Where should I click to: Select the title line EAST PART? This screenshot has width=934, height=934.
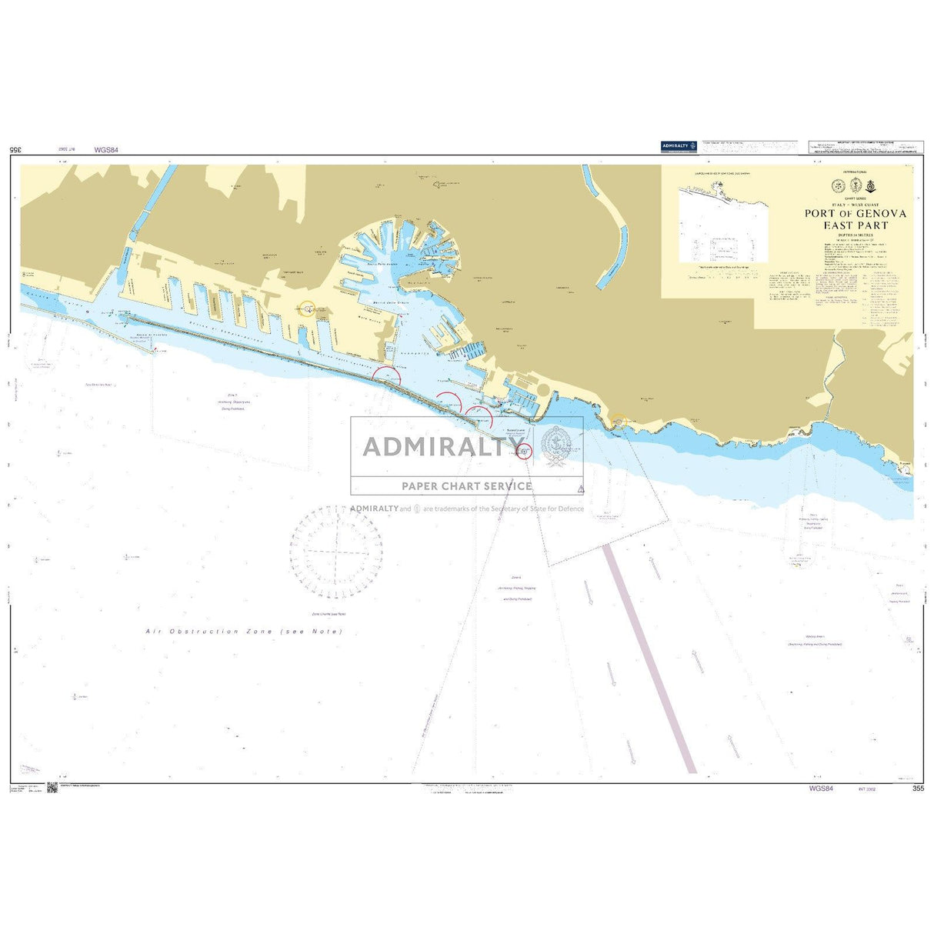click(856, 225)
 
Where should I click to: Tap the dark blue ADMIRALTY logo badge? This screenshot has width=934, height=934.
click(679, 146)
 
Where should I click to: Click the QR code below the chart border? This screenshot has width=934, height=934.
click(52, 788)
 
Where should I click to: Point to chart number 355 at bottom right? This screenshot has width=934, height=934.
click(918, 789)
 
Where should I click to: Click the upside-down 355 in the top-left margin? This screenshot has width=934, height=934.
click(15, 150)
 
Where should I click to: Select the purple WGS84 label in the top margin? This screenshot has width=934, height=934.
click(105, 150)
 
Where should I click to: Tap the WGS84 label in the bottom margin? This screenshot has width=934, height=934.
click(820, 789)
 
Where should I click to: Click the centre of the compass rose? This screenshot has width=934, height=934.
click(336, 551)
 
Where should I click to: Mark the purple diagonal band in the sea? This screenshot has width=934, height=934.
click(650, 659)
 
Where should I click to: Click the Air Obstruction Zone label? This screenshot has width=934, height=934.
click(245, 632)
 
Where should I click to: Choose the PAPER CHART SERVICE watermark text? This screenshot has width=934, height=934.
click(466, 486)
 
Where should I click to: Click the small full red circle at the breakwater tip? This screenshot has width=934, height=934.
click(524, 451)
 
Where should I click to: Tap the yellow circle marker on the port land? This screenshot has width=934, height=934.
click(307, 309)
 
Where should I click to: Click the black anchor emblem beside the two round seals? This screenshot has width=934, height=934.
click(870, 185)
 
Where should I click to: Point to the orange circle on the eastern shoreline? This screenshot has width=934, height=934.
click(619, 421)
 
